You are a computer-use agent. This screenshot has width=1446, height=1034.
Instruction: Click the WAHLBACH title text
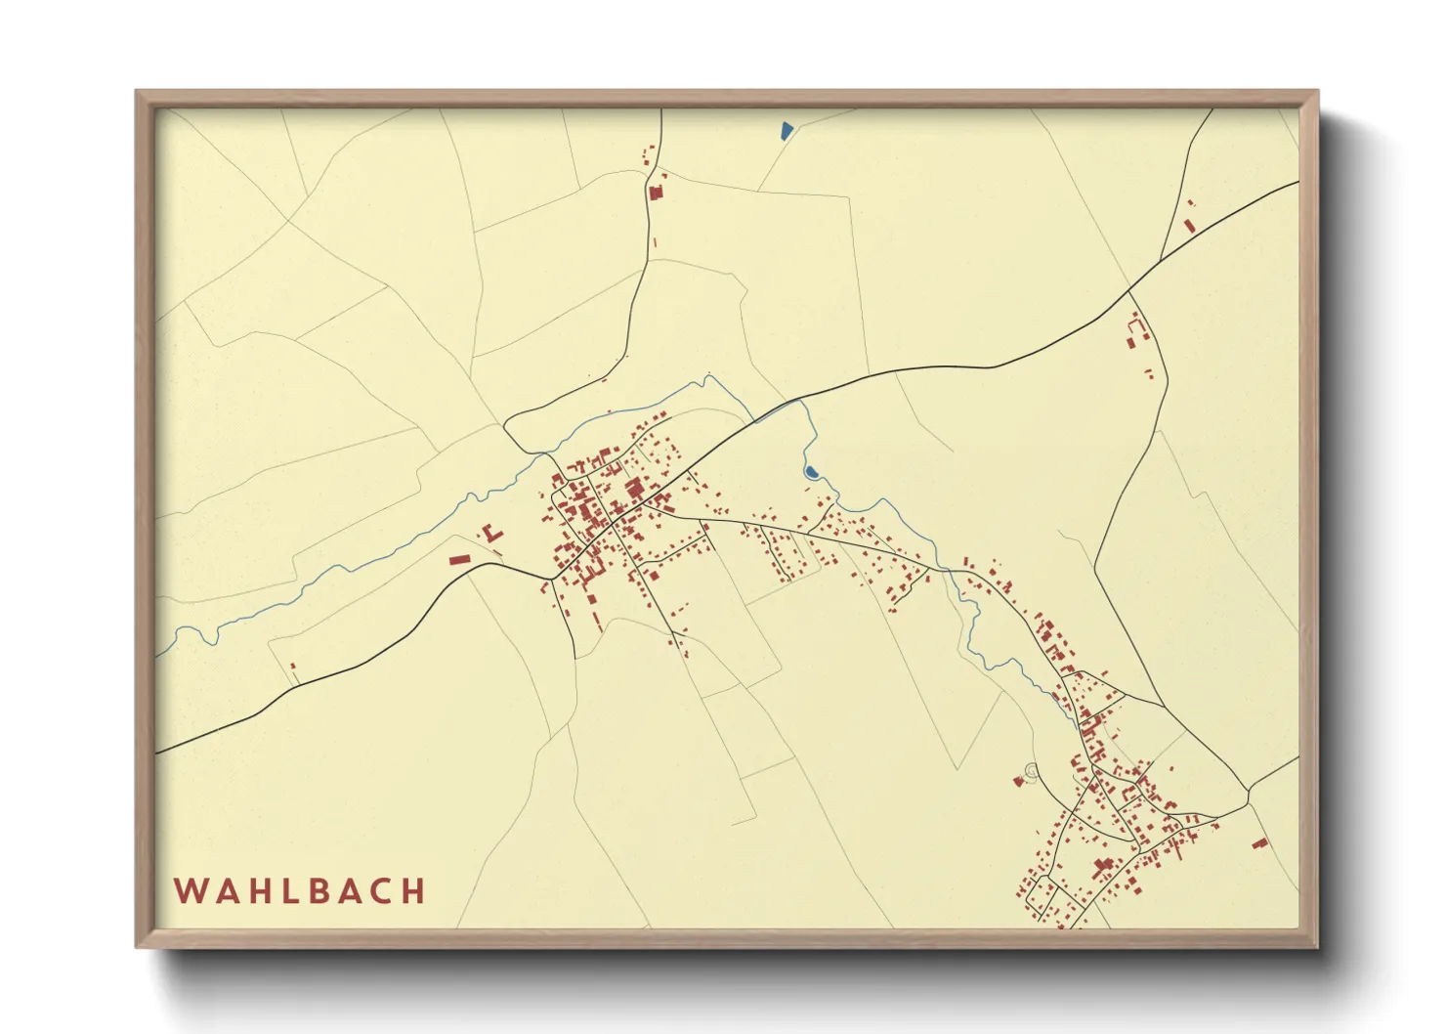click(300, 891)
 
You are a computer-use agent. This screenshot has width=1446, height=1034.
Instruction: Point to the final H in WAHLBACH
click(414, 891)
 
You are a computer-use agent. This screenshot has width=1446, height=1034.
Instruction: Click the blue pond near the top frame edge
click(787, 130)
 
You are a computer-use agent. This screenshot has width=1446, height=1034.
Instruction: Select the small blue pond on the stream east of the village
click(811, 473)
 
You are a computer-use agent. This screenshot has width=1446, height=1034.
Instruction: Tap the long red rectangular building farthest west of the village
click(459, 559)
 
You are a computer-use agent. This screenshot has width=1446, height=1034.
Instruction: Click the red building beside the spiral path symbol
click(1019, 782)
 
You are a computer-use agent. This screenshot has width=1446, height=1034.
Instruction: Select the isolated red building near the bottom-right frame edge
click(1259, 842)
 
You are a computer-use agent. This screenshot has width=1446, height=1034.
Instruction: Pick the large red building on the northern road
click(656, 193)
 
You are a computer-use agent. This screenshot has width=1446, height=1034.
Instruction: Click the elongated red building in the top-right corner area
click(1189, 226)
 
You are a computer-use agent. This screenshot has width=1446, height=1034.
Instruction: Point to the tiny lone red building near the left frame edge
click(292, 667)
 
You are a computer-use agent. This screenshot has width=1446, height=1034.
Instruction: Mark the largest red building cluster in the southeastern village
click(1104, 866)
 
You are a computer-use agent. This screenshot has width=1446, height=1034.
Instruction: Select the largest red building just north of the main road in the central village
click(633, 488)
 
